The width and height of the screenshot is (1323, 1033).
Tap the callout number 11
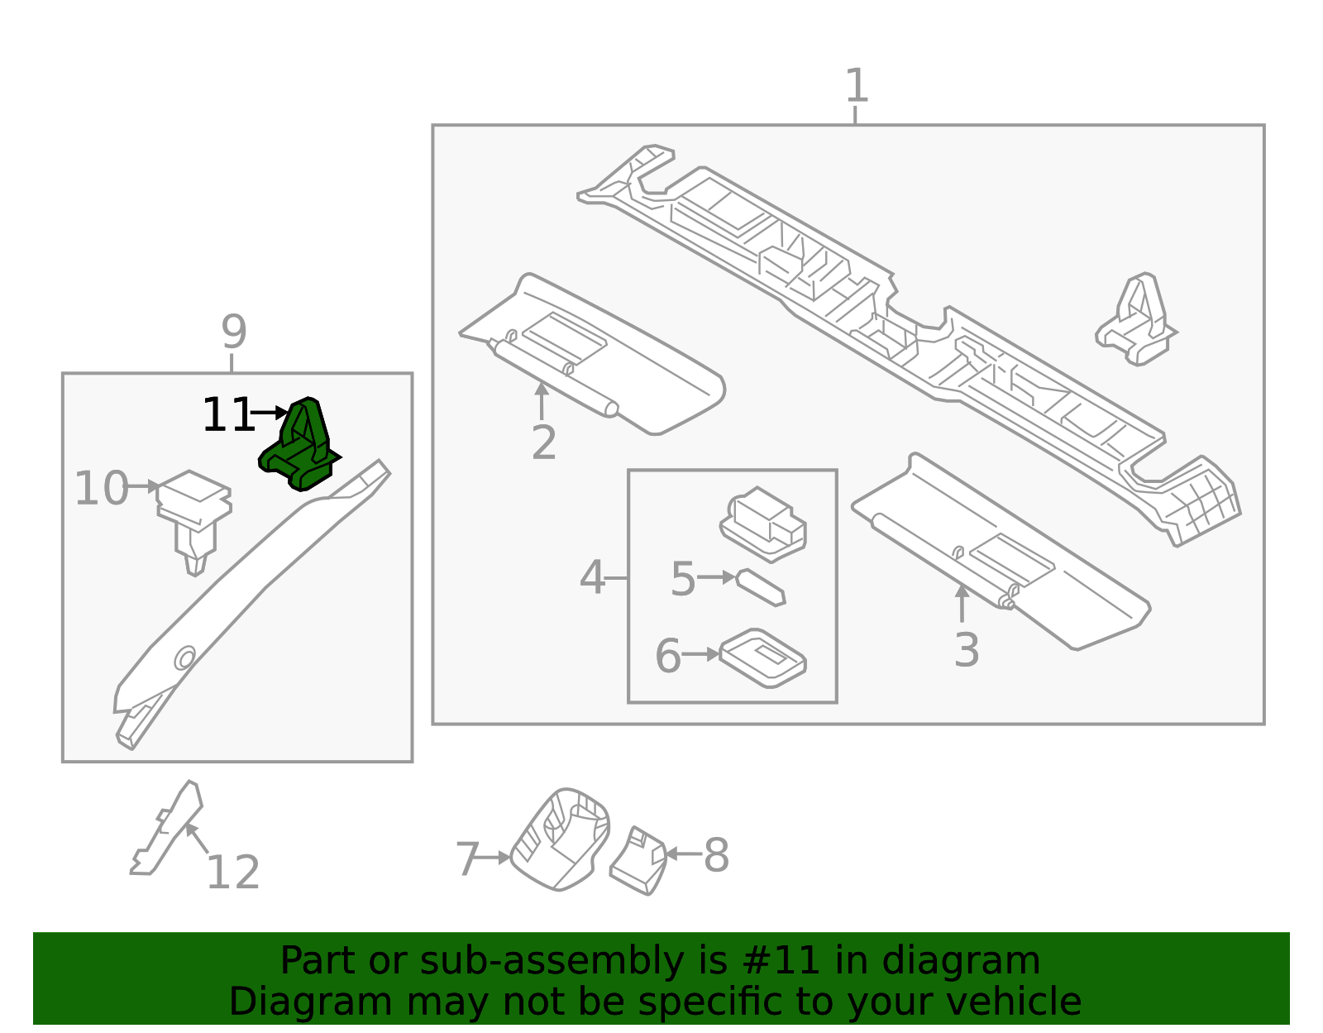coord(227,415)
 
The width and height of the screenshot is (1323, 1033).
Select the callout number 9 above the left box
coord(234,332)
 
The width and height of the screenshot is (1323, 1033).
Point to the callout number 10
coord(102,488)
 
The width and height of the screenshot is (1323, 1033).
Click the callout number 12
coord(232,873)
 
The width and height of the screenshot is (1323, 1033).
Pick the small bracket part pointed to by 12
coord(170,827)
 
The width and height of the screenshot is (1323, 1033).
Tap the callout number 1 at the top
coord(857,86)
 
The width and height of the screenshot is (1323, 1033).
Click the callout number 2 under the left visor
coord(543,443)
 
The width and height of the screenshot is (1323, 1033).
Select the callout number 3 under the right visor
coord(966,650)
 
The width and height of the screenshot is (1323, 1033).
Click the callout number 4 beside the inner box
coord(592,578)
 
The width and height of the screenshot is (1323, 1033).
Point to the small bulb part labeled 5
coord(761,586)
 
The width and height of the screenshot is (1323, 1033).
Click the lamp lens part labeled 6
coord(762,658)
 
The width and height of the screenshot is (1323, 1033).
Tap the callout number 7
coord(467,859)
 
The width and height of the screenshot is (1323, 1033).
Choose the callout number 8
coord(716,855)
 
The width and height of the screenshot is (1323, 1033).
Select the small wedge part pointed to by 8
coord(638,862)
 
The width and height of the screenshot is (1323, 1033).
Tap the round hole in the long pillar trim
coord(184,658)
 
